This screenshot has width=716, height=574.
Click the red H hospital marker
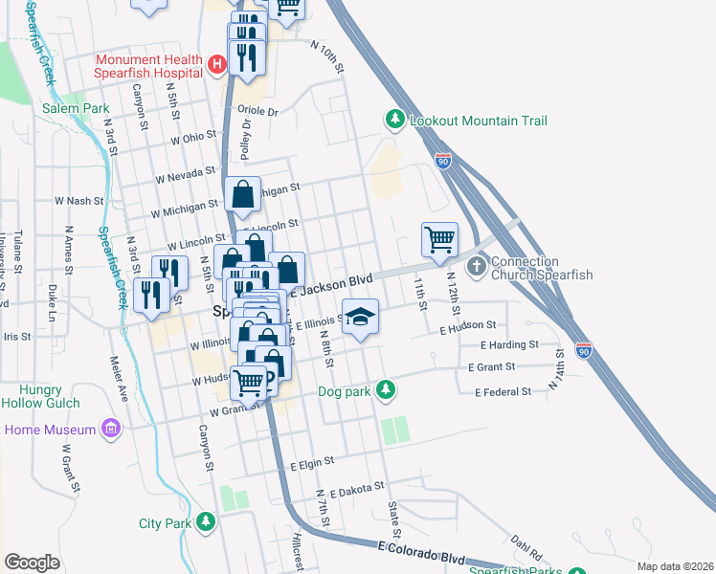click(217, 65)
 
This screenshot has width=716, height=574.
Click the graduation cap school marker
click(361, 317)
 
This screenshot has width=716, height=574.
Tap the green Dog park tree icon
click(385, 389)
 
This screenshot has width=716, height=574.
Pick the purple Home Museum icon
click(111, 429)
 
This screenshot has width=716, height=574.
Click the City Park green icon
click(205, 521)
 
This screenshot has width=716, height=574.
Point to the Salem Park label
click(75, 108)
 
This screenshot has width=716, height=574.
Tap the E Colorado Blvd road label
click(421, 552)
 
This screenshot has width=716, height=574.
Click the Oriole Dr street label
click(258, 112)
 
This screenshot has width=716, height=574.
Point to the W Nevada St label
click(186, 174)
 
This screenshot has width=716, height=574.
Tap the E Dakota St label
click(356, 488)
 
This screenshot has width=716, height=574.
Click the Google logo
click(32, 562)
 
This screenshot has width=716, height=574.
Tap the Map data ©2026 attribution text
click(674, 566)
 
